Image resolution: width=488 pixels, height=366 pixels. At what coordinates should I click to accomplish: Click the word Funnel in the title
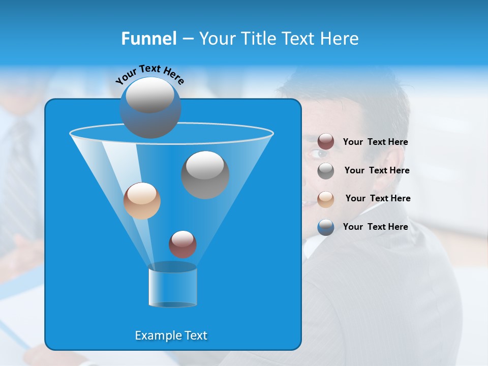[148, 39]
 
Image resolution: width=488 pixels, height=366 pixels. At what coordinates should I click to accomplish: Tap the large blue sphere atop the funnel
[150, 108]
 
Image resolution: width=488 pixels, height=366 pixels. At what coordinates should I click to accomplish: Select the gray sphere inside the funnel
[205, 175]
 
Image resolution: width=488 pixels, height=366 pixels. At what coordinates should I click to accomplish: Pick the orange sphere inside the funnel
[142, 201]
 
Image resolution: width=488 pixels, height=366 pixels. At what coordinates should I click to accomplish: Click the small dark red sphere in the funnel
[182, 244]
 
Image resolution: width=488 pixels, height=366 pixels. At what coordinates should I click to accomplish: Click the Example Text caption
[171, 335]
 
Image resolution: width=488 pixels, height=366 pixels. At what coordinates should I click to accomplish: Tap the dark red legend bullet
[326, 142]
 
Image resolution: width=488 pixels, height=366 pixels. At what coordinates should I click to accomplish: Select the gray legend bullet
[326, 171]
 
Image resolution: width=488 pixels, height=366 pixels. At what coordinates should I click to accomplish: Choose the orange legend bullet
[326, 199]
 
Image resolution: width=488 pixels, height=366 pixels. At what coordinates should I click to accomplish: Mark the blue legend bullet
[326, 227]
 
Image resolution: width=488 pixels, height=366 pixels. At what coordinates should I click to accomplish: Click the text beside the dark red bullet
[375, 142]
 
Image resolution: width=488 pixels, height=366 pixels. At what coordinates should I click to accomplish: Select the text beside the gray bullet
[377, 171]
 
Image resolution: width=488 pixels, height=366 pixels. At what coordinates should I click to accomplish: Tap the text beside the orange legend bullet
[378, 199]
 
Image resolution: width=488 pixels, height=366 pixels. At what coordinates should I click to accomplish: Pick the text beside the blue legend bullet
[375, 227]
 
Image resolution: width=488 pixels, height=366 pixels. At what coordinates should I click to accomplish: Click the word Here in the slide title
[341, 39]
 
